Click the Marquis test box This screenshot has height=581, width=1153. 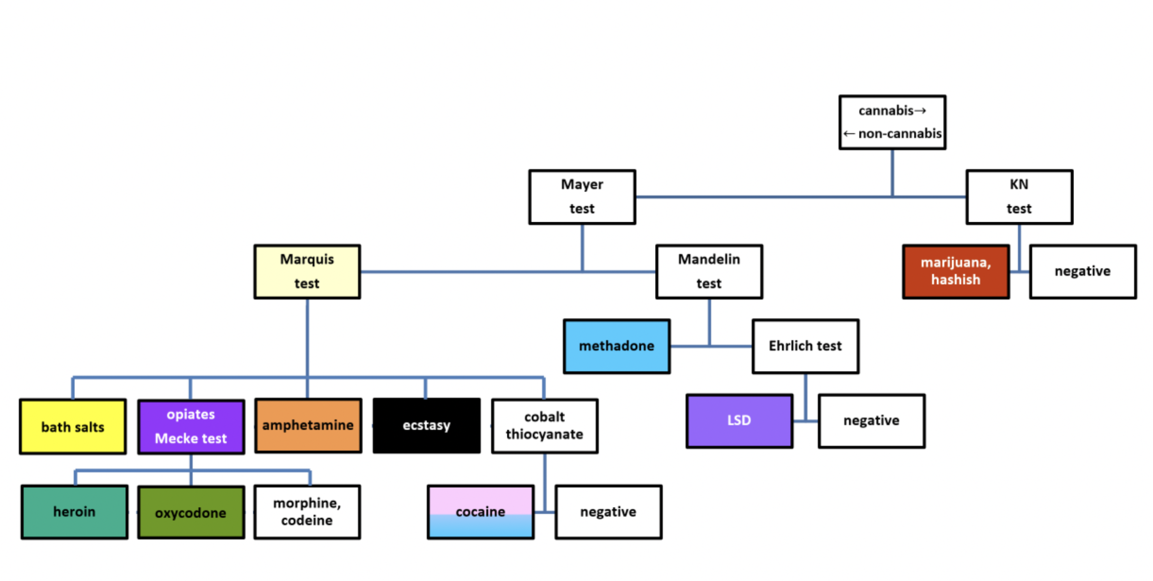coord(307,272)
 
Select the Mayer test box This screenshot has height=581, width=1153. coord(582,197)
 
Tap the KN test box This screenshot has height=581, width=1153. coord(1019,197)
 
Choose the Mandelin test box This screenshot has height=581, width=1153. coord(709,272)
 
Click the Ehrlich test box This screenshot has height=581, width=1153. coord(805,346)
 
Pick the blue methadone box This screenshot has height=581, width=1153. coord(617,346)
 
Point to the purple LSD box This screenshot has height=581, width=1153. coord(739,421)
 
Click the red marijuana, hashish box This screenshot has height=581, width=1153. coord(956,272)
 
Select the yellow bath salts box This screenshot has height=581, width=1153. coord(73,427)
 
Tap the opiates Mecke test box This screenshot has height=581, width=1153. coord(191,427)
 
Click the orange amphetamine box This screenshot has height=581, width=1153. coord(308,426)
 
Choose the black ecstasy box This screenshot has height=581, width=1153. coord(426,426)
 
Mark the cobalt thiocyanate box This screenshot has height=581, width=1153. coord(545,426)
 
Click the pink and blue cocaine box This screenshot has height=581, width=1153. coord(480,512)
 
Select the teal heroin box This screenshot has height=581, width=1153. coord(74,512)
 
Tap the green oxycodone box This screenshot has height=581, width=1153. coord(191,512)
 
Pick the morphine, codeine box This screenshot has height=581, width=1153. coord(307,512)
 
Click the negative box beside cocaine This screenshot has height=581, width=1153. coord(608,512)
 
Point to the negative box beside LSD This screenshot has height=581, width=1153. coord(872,421)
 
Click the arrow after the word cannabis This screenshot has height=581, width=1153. coord(920,111)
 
